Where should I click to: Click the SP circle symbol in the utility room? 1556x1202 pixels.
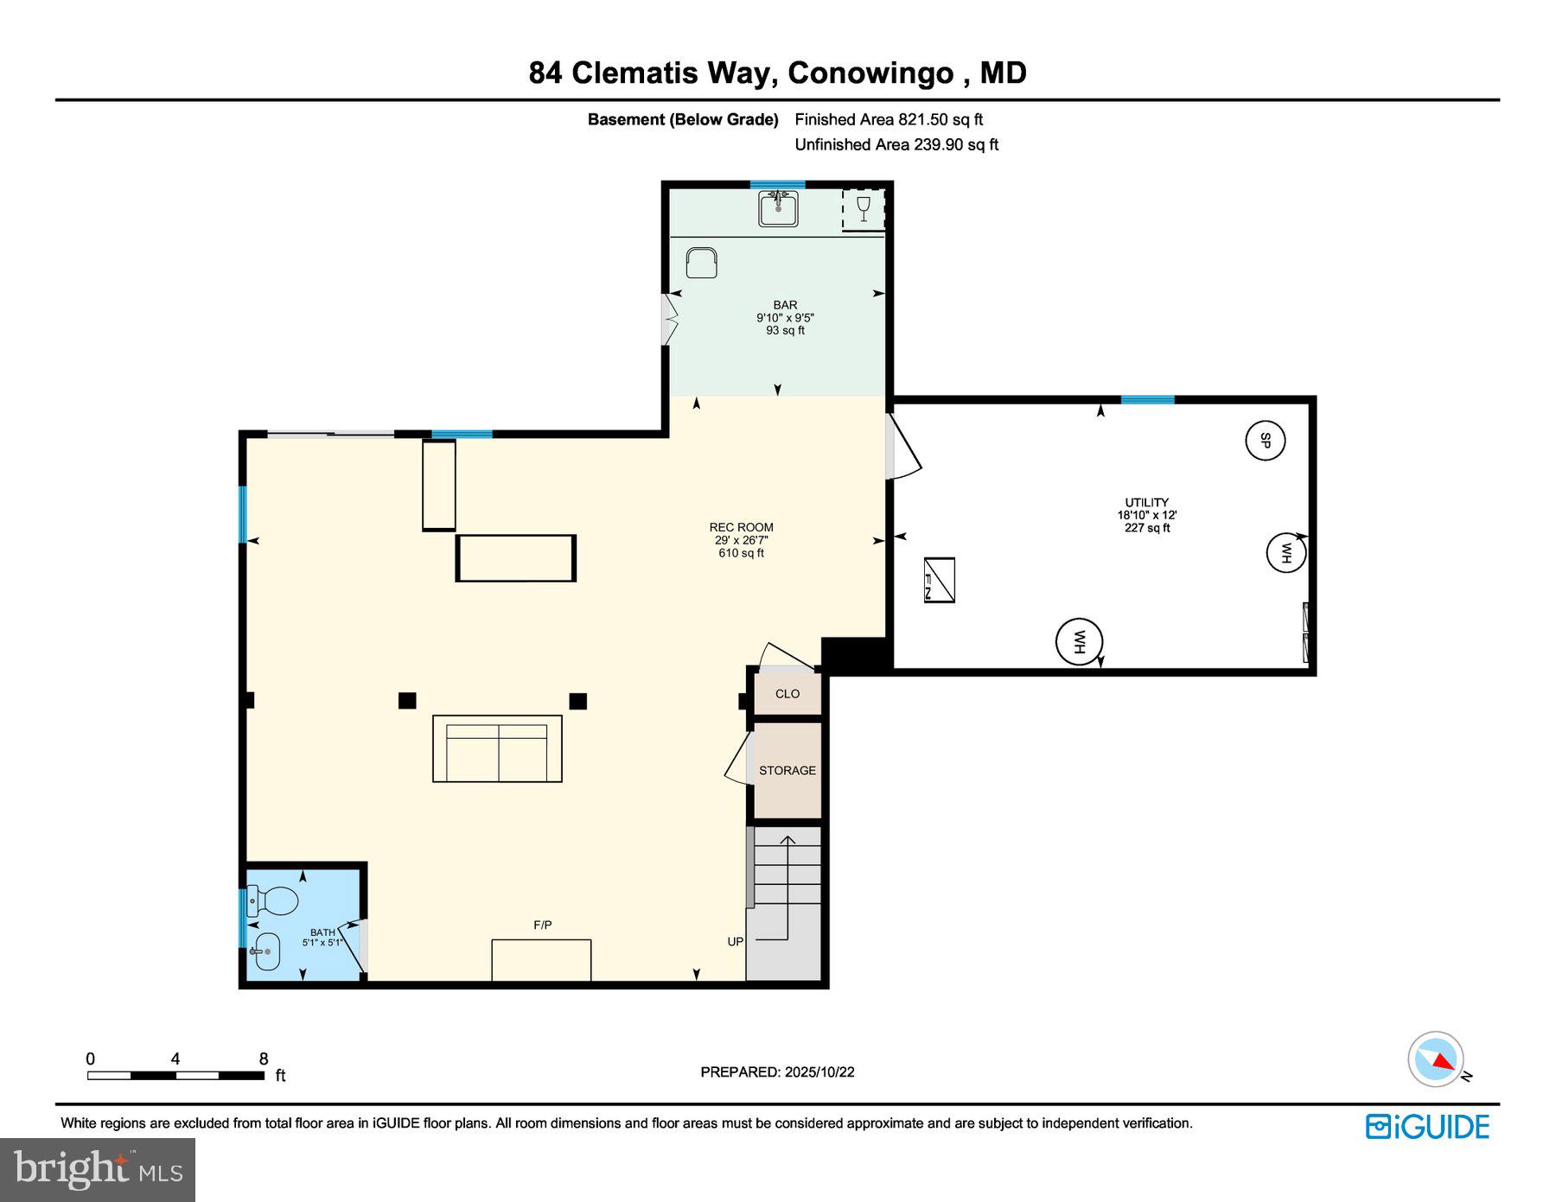[1265, 440]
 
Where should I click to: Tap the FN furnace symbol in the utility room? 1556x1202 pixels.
[940, 580]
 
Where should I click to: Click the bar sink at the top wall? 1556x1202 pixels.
[778, 208]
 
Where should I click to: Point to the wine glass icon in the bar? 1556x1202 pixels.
[863, 209]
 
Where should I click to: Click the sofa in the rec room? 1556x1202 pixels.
[497, 749]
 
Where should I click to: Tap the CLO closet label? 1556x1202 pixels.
[788, 694]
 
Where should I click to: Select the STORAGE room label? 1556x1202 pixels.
[788, 770]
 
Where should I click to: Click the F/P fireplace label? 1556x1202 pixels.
[542, 925]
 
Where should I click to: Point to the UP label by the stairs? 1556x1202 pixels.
[735, 941]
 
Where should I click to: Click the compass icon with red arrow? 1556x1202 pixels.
[1436, 1059]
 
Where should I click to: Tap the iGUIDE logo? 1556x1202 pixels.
[1427, 1127]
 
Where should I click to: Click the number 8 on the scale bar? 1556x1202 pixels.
[264, 1059]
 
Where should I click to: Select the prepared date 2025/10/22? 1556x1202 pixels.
[819, 1072]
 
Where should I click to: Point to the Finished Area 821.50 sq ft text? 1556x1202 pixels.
[889, 119]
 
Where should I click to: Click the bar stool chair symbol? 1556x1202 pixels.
[701, 262]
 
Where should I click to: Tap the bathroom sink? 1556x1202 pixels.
[266, 951]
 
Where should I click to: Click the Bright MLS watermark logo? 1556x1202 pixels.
[98, 1170]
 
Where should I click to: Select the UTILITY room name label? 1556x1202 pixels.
[1146, 502]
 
